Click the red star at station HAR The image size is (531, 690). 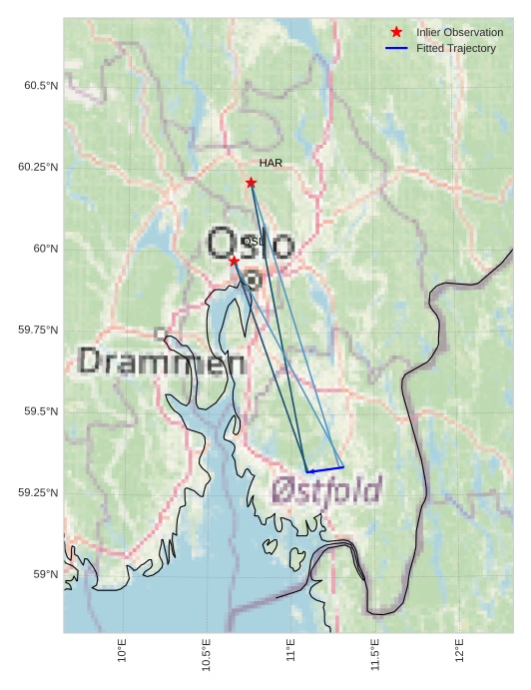251,183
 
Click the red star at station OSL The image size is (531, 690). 234,261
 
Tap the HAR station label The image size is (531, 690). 270,163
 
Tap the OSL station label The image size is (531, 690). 254,242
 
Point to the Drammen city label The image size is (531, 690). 162,361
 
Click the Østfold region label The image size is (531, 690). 326,490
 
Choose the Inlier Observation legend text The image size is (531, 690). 459,33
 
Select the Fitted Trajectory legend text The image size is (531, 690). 455,49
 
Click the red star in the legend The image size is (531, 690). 396,33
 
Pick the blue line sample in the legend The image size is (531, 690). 396,49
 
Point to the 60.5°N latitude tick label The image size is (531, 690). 41,86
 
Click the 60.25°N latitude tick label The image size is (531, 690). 38,167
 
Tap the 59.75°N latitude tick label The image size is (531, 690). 38,331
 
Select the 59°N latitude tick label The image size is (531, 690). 45,574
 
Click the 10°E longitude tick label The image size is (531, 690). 122,651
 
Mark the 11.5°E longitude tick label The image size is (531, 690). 374,651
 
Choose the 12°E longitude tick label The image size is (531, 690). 459,651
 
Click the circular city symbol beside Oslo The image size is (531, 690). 254,281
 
